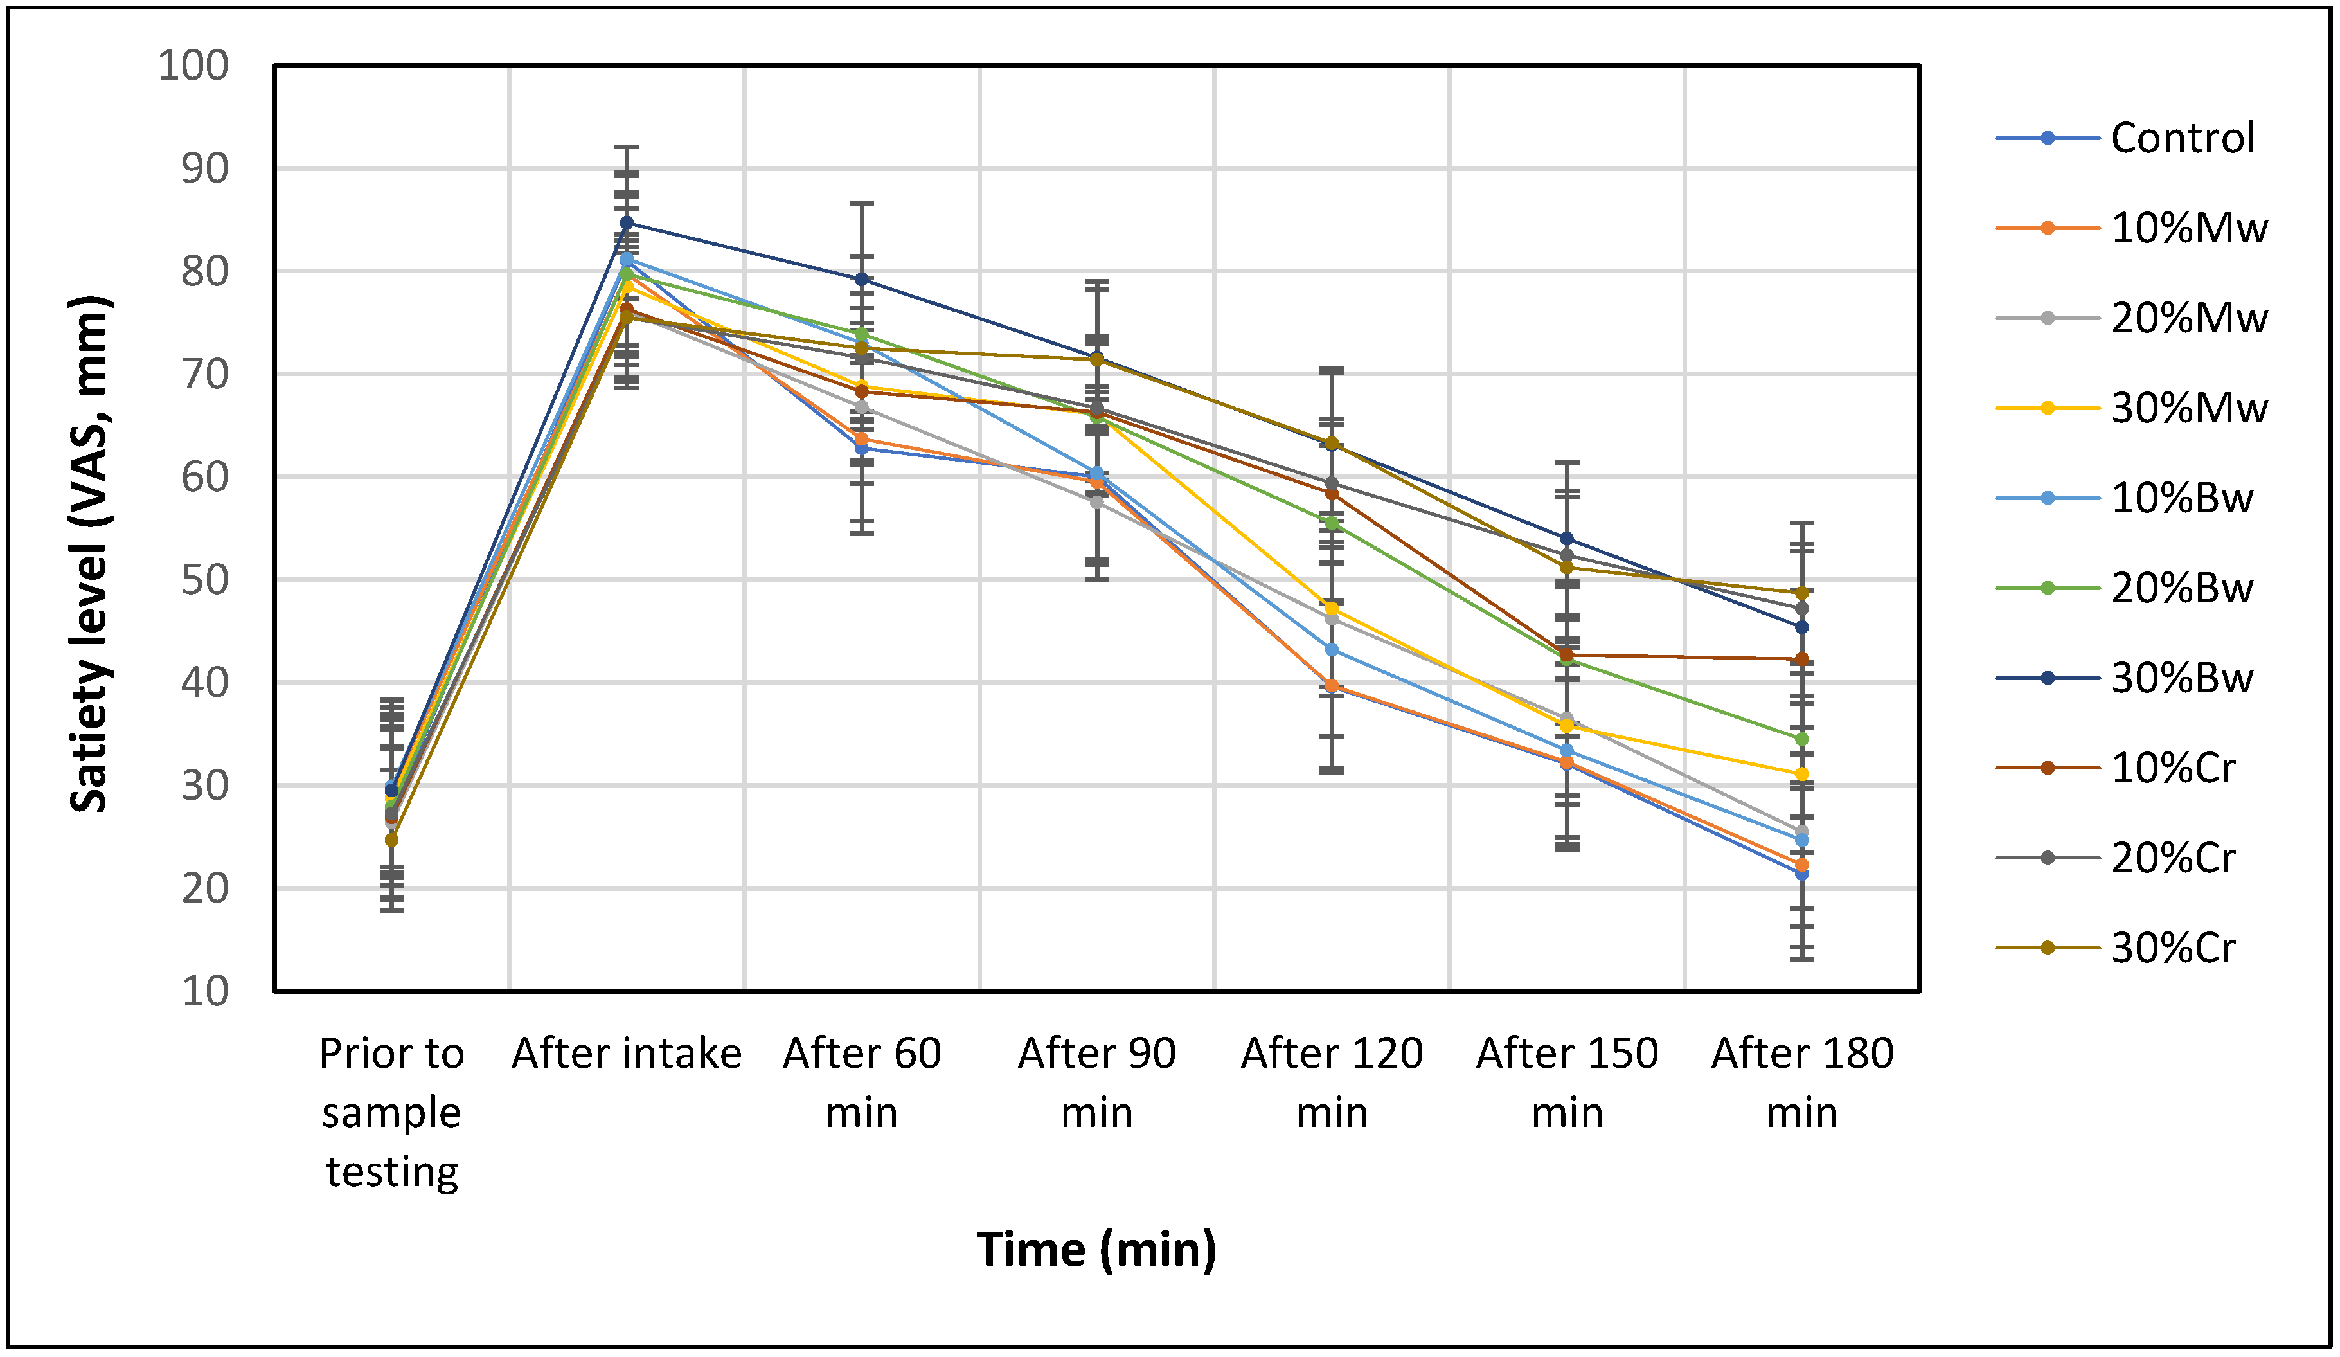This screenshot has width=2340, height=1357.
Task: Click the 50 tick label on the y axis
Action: pos(204,580)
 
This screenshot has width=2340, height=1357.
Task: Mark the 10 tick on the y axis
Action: pos(204,992)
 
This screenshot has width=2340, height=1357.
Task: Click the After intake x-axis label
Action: pos(627,1054)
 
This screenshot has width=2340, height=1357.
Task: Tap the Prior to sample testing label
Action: pos(391,1113)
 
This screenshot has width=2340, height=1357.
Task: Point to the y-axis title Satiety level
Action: pos(90,555)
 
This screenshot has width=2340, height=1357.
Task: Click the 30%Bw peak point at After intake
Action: pos(627,223)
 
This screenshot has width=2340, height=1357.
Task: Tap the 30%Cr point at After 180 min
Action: pos(1801,593)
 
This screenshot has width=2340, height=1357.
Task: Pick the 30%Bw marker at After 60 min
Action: pos(862,278)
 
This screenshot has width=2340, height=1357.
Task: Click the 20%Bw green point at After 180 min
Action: pos(1801,739)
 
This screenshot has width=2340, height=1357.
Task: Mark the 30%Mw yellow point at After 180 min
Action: pos(1801,774)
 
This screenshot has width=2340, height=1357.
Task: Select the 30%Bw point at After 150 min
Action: pos(1566,539)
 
